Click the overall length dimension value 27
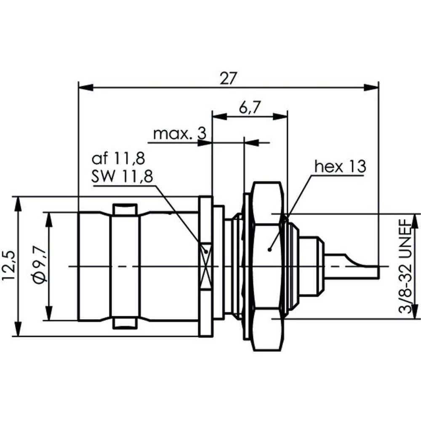click(x=229, y=78)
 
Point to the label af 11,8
click(x=118, y=159)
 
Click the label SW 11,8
click(x=122, y=176)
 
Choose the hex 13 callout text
click(x=340, y=166)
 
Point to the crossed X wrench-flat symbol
click(x=206, y=266)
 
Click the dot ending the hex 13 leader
click(x=269, y=250)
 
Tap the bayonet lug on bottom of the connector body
click(x=125, y=324)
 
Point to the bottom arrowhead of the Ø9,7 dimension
click(x=49, y=314)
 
